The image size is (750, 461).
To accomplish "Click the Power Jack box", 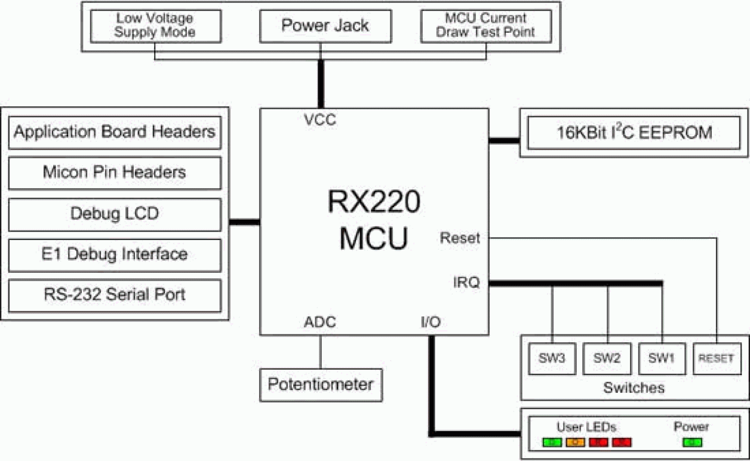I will point(325,26).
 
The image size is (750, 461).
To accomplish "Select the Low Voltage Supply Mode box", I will point(155,25).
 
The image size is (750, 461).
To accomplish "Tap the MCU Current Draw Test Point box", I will point(485,25).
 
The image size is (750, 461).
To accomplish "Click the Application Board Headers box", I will point(115,132).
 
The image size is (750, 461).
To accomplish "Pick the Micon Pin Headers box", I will point(115,173).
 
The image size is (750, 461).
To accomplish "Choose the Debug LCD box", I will point(115,213).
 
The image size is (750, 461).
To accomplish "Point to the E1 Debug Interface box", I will point(115,254).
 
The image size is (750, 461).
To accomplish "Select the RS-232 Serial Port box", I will point(115,295).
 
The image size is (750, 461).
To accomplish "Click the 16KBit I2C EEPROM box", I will point(634,133).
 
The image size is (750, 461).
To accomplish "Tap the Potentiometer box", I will point(320,385).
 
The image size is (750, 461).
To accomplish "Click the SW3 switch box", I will point(552,359).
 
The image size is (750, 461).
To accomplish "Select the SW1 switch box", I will point(662,359).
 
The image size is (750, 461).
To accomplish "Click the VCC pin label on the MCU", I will point(319,120).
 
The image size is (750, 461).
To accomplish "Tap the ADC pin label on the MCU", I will point(319,322).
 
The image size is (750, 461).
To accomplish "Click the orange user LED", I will point(576,442).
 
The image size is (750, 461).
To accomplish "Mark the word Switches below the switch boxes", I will point(634,388).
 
